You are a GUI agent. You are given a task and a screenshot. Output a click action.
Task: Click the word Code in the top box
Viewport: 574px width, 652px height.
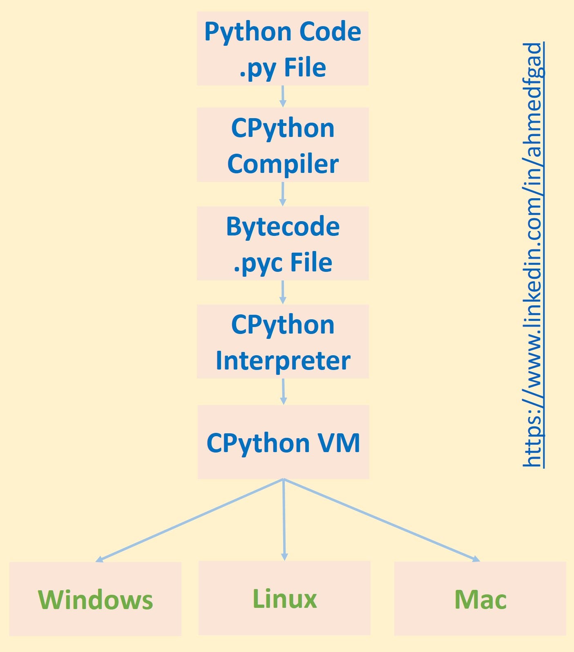point(330,31)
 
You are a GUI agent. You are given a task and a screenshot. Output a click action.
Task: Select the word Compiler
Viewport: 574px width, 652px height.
point(283,164)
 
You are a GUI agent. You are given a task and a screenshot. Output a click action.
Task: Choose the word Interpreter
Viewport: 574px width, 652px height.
point(283,361)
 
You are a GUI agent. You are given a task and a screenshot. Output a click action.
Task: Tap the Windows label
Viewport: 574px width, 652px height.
point(95,600)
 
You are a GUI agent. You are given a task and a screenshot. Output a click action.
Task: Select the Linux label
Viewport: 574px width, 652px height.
point(285,599)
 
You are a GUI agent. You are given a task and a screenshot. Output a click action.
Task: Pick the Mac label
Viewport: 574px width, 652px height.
point(480,600)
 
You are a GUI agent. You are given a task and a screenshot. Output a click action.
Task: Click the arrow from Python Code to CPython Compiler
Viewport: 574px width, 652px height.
point(283,96)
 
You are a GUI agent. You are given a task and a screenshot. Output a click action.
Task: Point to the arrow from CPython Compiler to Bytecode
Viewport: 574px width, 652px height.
point(283,194)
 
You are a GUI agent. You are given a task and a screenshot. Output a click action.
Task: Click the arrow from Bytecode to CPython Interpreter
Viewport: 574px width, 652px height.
point(283,292)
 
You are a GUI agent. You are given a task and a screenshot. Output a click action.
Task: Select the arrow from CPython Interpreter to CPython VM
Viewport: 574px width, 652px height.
point(283,392)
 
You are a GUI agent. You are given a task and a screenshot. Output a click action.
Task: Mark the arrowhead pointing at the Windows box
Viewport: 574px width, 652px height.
point(99,559)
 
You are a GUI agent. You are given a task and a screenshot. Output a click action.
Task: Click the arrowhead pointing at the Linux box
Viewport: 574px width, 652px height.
point(285,557)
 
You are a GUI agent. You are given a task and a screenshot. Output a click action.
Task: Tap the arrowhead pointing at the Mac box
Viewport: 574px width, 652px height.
point(476,559)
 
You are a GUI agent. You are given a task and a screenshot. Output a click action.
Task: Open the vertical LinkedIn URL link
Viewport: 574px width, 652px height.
point(533,255)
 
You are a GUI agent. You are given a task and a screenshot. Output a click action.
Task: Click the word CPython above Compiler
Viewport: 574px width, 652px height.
point(283,128)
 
